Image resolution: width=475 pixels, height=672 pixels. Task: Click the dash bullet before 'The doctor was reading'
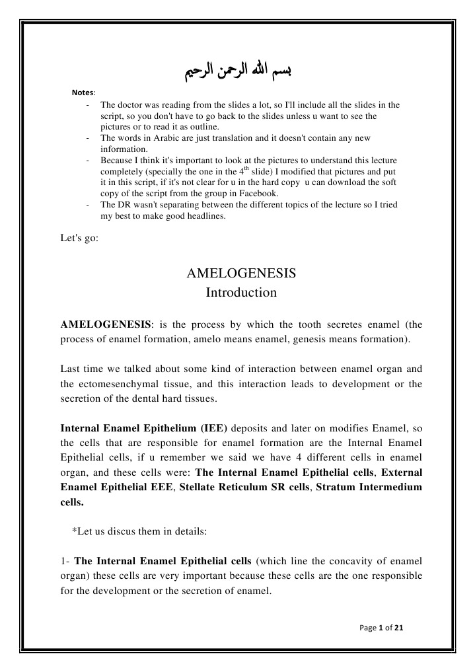click(88, 104)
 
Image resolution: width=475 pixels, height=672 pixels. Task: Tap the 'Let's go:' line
click(79, 239)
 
